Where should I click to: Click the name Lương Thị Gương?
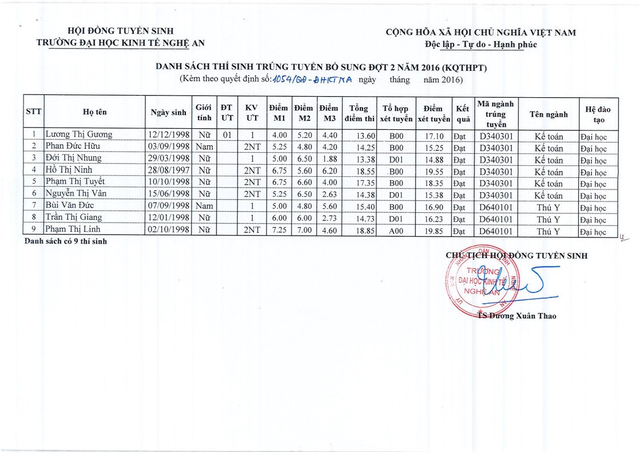79,135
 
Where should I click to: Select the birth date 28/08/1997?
168,171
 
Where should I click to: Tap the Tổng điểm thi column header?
359,113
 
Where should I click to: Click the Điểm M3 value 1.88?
328,158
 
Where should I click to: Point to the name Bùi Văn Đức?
70,205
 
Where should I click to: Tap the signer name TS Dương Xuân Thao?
516,316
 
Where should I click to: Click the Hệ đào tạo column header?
598,113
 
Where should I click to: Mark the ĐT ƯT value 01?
226,136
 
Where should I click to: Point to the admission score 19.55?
433,171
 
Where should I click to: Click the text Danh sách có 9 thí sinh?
65,241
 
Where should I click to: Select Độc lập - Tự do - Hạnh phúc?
480,45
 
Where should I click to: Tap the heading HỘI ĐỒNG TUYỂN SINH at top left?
120,31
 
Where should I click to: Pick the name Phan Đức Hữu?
73,146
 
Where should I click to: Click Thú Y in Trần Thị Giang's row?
548,220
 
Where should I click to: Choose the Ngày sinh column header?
168,113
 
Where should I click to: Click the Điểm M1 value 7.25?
278,231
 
